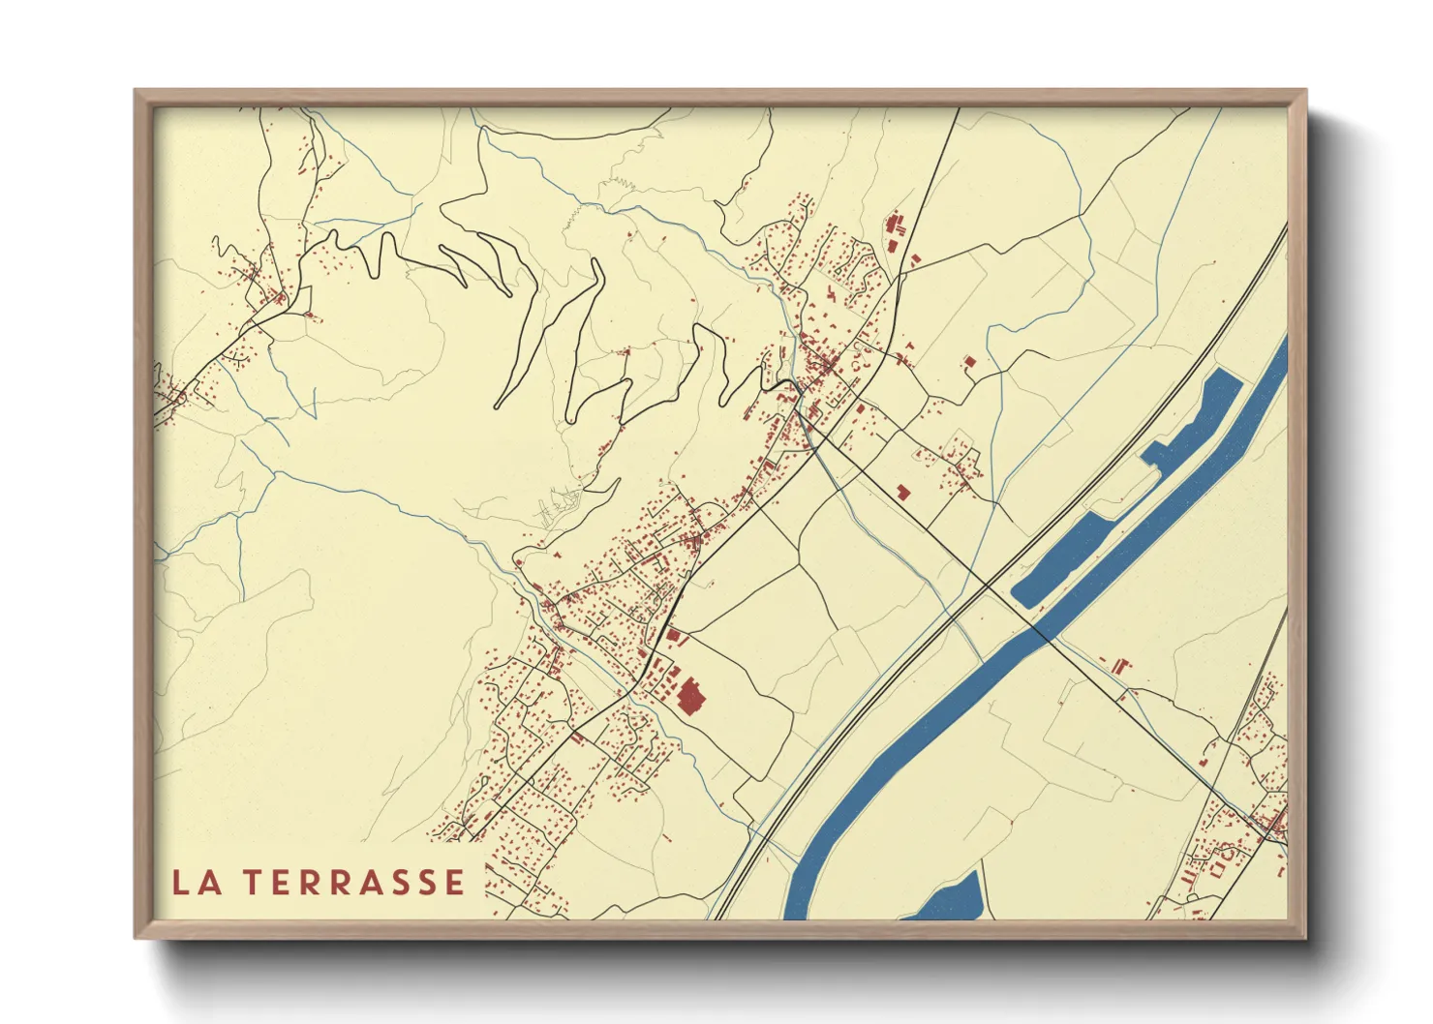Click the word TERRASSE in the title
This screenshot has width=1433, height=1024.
click(353, 883)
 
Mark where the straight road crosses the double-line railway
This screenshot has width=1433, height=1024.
click(987, 584)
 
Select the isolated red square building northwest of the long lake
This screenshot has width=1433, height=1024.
click(969, 362)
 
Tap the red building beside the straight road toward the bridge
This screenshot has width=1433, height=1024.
click(903, 493)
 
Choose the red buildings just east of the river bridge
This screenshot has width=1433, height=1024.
click(1120, 667)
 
